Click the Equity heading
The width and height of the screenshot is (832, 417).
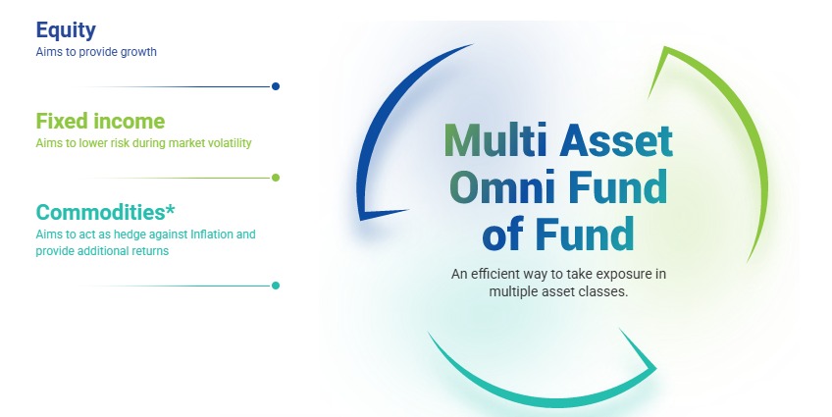(66, 30)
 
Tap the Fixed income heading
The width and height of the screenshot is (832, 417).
(100, 121)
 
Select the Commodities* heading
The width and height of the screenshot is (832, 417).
(105, 212)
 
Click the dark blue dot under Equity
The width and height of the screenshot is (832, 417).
(276, 86)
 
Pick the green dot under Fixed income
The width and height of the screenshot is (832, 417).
(276, 178)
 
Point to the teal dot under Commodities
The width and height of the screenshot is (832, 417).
(276, 286)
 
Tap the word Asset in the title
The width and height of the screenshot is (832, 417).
(616, 140)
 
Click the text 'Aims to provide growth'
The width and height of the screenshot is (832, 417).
(96, 52)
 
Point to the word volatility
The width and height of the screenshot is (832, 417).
(230, 143)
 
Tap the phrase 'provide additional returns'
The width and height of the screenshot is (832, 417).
(102, 251)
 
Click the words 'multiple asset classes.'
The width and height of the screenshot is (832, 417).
(558, 291)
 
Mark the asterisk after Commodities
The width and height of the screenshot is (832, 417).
(170, 208)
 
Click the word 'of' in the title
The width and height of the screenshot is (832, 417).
(503, 234)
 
